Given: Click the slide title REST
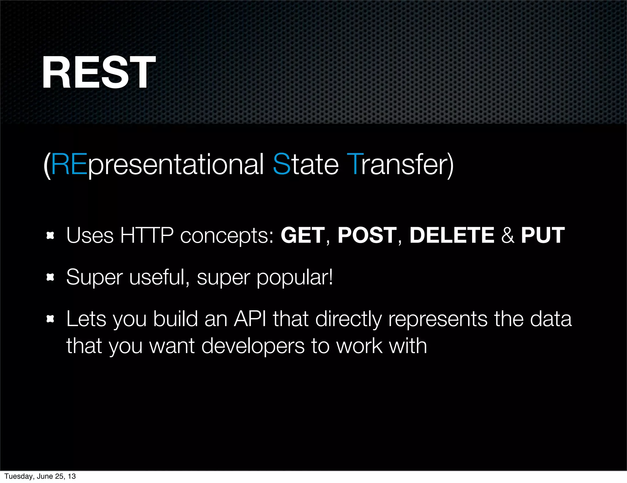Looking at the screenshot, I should coord(99,73).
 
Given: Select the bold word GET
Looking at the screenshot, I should coord(302,235).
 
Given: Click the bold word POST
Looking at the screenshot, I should coord(367,235).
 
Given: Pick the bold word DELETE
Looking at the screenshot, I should coord(452,235).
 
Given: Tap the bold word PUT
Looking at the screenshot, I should coord(543,235).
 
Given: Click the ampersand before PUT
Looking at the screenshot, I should coord(508,235).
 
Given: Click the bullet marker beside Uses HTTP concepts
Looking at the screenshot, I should coord(50,236).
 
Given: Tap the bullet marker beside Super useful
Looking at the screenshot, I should coord(50,278).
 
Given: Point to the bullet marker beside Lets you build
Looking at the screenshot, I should coord(50,319).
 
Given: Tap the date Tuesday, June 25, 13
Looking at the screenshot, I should coord(40,476).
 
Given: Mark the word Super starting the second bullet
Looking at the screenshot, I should coord(95,278).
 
